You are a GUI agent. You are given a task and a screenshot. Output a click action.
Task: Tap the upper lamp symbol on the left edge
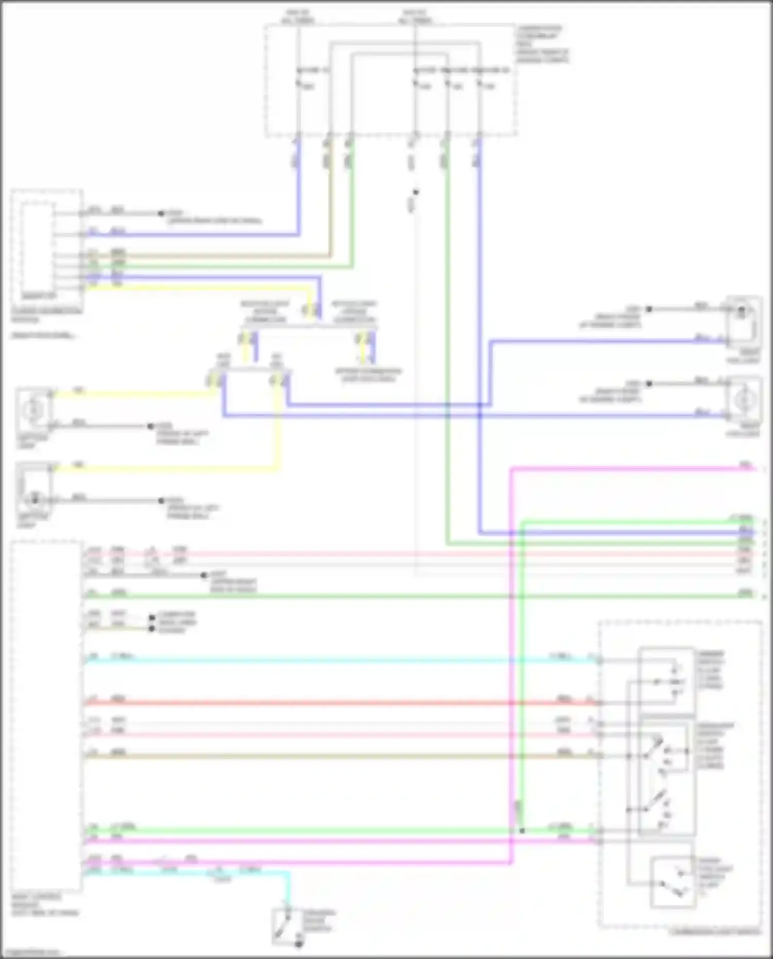pyautogui.click(x=34, y=410)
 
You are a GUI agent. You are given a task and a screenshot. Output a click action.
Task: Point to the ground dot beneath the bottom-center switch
pyautogui.click(x=299, y=944)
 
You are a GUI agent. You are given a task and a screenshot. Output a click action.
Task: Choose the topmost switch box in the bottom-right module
pyautogui.click(x=666, y=680)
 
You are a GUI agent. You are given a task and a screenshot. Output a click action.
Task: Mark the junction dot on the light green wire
pyautogui.click(x=522, y=830)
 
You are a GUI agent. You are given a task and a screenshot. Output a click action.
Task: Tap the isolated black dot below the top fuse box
pyautogui.click(x=416, y=192)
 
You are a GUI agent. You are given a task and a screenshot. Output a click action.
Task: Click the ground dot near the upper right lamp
pyautogui.click(x=649, y=309)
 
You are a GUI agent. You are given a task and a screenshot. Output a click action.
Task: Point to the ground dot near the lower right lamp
pyautogui.click(x=649, y=384)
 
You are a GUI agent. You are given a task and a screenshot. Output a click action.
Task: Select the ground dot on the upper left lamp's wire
pyautogui.click(x=151, y=426)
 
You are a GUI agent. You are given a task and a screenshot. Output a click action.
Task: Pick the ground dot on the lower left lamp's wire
pyautogui.click(x=161, y=500)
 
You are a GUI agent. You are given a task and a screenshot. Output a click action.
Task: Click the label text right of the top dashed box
pyautogui.click(x=543, y=44)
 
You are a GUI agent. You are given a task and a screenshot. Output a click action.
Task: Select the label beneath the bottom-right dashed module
pyautogui.click(x=715, y=932)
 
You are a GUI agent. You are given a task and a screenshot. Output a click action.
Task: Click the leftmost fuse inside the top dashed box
pyautogui.click(x=298, y=82)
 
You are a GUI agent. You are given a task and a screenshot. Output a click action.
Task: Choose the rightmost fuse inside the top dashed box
pyautogui.click(x=479, y=82)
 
